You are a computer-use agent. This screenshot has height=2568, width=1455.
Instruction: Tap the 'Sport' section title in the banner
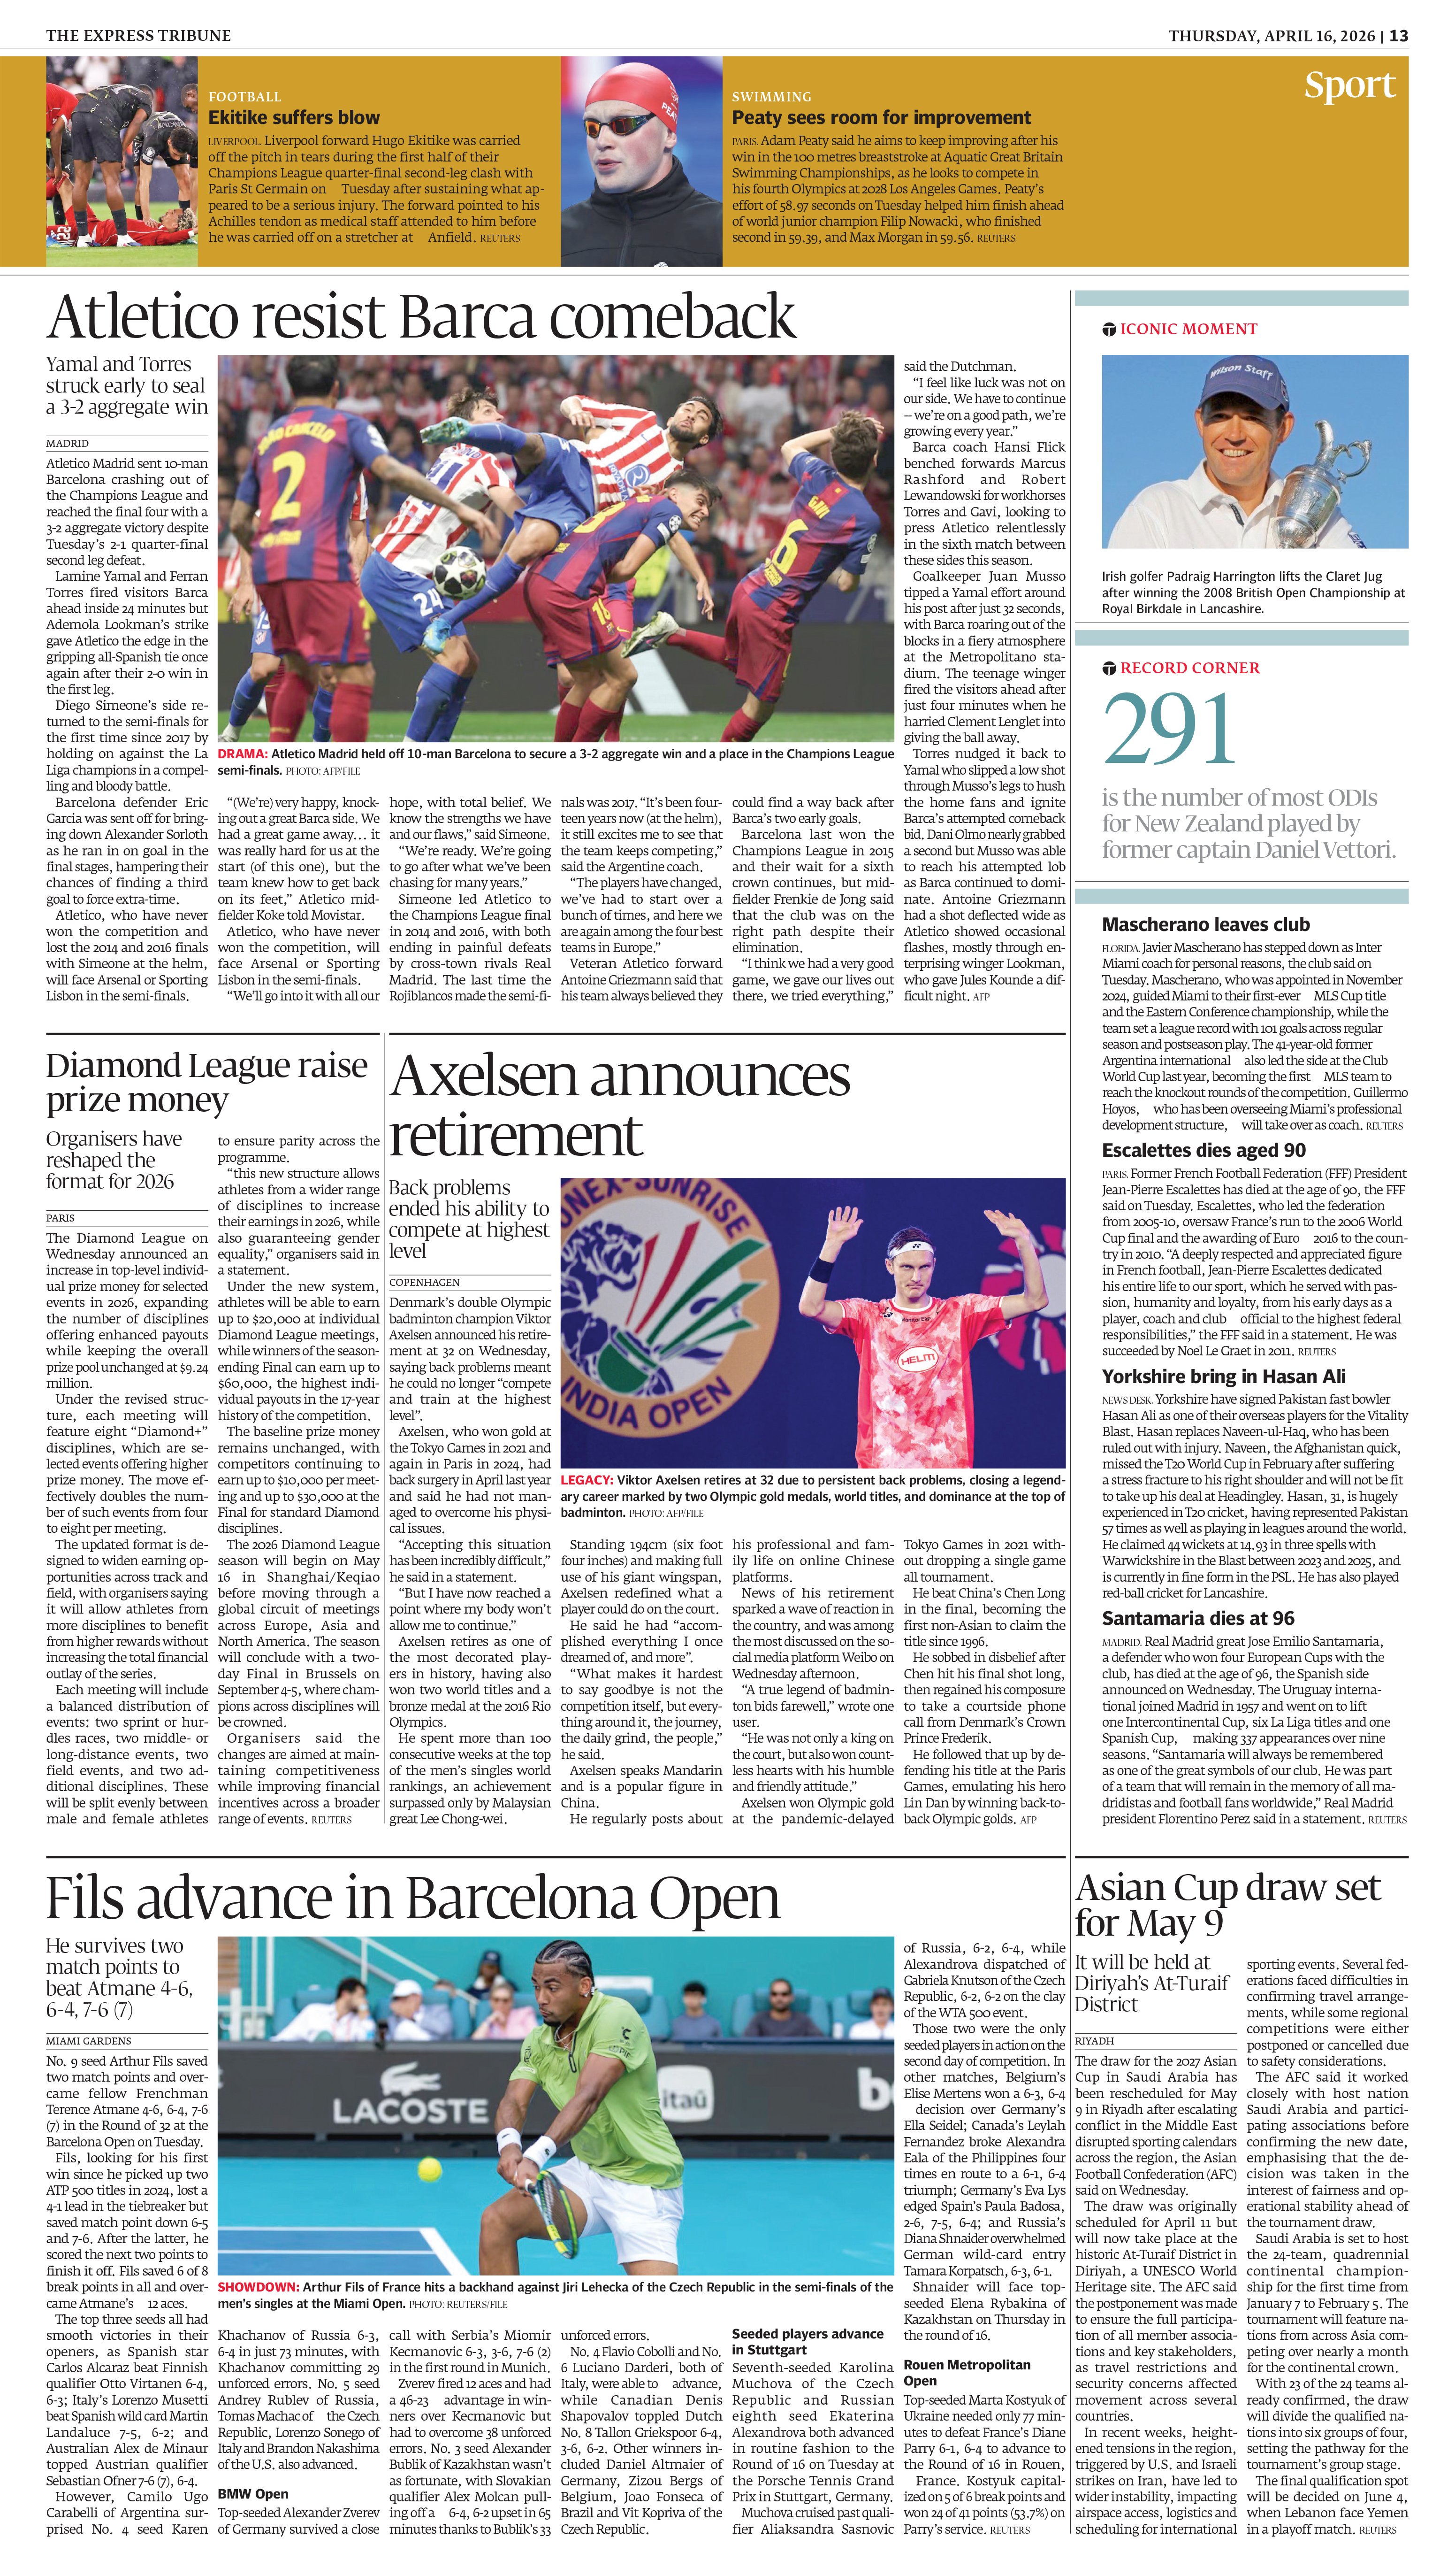pos(1349,86)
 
